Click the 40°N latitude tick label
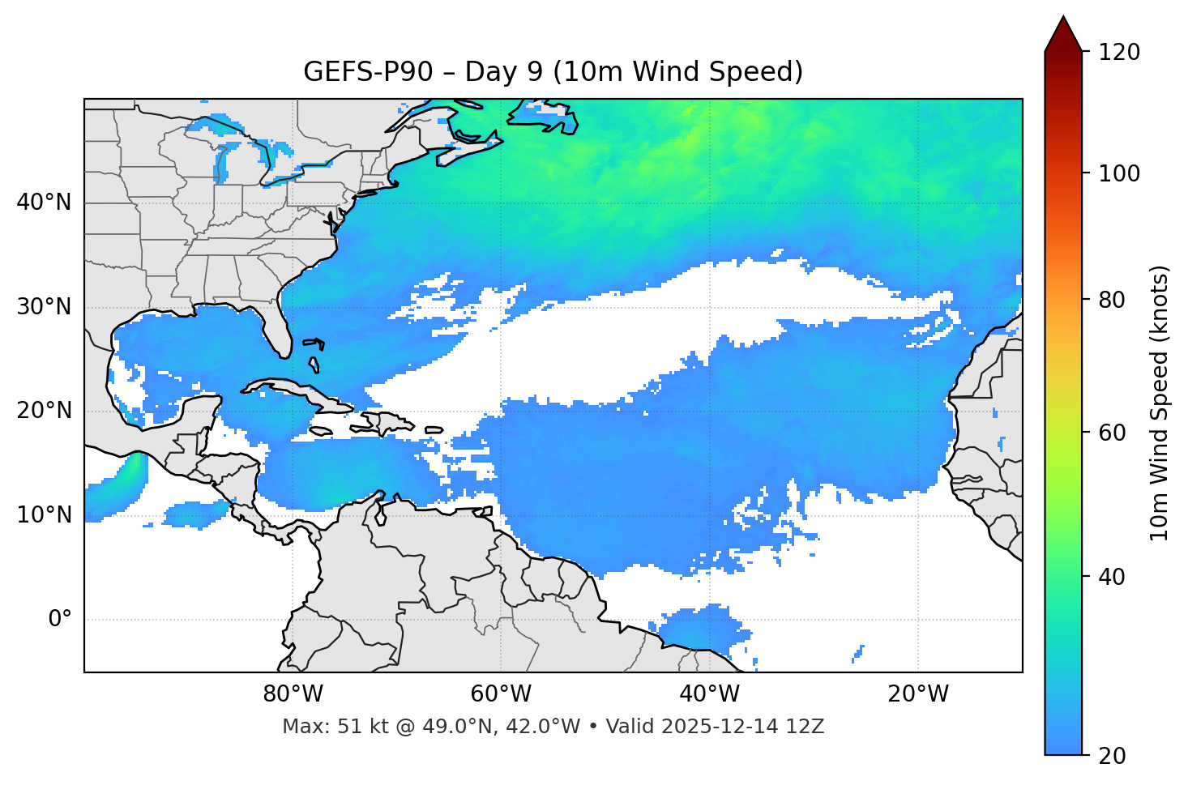point(44,203)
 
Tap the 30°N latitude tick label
point(44,307)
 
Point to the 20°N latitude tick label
point(44,411)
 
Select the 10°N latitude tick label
point(44,515)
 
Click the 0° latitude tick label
point(60,620)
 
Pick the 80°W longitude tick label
point(293,694)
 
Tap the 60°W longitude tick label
point(501,694)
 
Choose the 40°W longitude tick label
point(709,694)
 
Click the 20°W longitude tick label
point(917,694)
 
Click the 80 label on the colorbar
point(1112,300)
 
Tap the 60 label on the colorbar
point(1112,433)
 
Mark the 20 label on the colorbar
point(1112,756)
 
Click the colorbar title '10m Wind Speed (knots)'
point(1160,403)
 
